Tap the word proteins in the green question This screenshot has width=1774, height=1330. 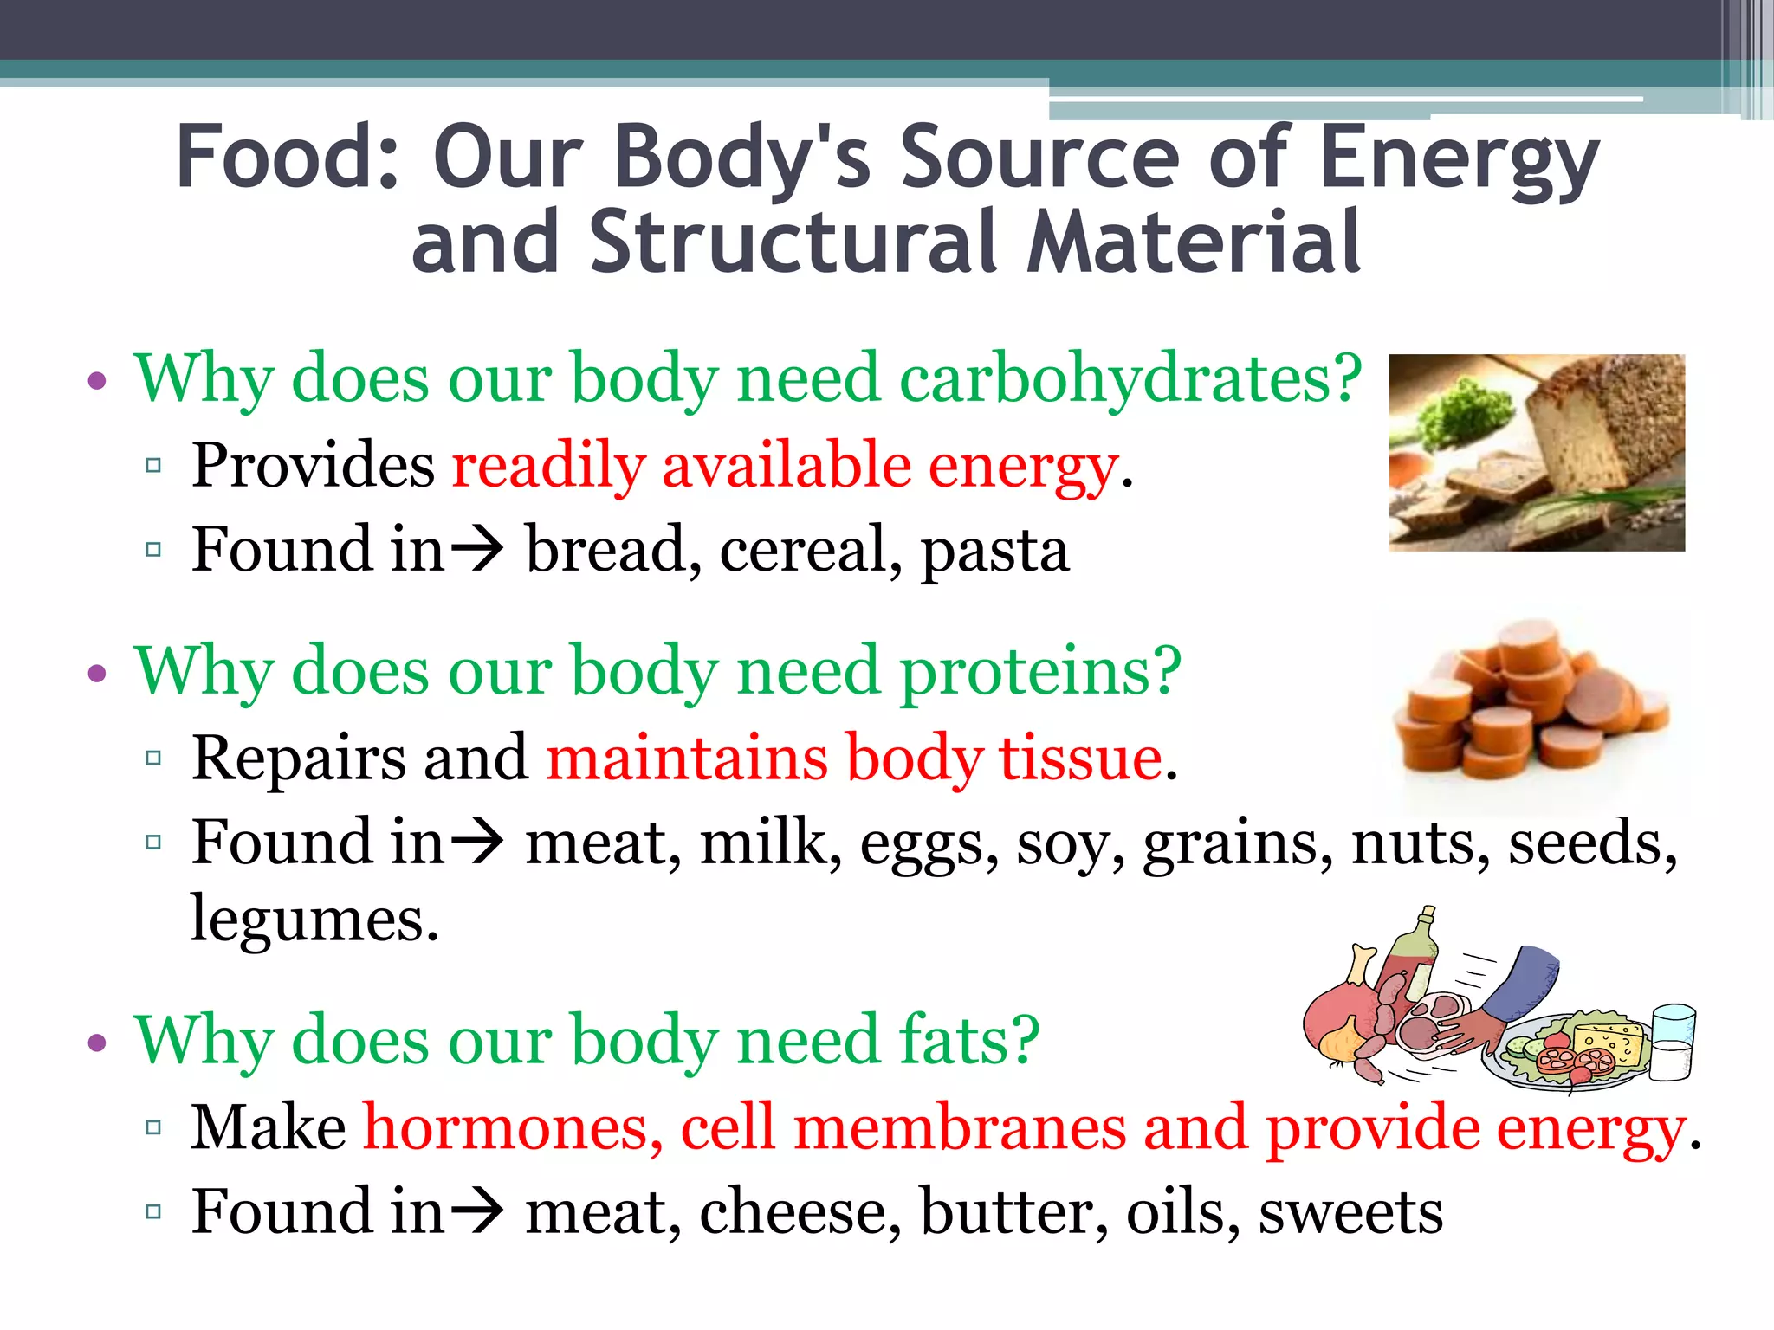click(1039, 672)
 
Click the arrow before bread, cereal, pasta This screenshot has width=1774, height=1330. click(477, 550)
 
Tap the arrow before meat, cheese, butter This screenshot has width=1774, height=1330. click(477, 1212)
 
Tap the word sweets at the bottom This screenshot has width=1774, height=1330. click(1350, 1212)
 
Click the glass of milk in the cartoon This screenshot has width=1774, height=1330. click(1673, 1043)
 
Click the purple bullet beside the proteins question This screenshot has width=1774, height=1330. click(97, 674)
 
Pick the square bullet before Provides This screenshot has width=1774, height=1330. click(154, 466)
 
